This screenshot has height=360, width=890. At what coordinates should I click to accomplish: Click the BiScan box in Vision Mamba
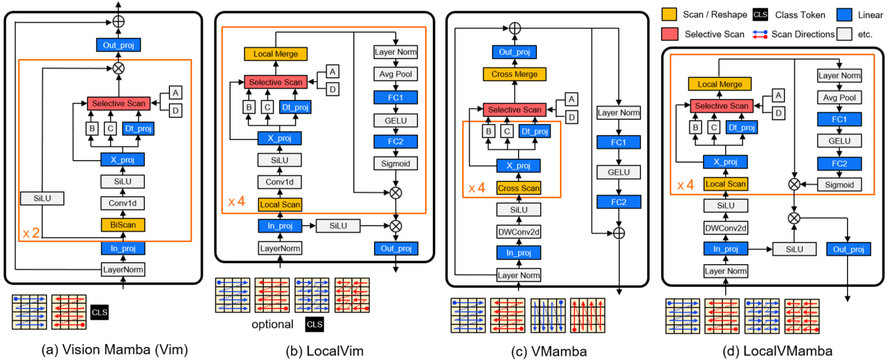tap(123, 225)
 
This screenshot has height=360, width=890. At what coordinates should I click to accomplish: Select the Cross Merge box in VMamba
tap(514, 74)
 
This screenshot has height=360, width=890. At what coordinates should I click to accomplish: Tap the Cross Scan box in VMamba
tap(519, 188)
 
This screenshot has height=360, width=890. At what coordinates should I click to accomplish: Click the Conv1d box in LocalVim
tap(280, 182)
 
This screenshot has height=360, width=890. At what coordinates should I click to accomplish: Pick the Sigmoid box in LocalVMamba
tap(839, 185)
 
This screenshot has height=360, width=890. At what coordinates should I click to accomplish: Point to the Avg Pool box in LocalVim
tap(395, 74)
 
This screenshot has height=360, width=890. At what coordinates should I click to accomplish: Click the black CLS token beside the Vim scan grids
tap(99, 312)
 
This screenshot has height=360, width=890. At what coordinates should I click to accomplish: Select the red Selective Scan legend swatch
tap(669, 34)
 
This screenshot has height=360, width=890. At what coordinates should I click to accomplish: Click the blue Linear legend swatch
tap(844, 15)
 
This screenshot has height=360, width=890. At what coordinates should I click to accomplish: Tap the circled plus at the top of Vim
tap(119, 22)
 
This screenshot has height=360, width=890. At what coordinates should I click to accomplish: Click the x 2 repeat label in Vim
tap(31, 233)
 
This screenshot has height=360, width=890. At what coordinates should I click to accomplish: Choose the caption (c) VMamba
tap(549, 352)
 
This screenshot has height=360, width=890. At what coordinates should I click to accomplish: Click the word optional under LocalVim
tap(272, 324)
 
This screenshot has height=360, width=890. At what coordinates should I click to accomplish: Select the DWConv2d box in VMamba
tap(519, 232)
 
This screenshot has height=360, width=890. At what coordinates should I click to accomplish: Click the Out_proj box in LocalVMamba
tap(849, 249)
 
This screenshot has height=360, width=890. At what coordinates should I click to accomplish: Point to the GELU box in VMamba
tap(618, 173)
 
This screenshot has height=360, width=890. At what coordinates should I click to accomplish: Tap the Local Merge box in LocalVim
tap(275, 54)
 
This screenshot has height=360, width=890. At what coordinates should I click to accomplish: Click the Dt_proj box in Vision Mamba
tap(138, 129)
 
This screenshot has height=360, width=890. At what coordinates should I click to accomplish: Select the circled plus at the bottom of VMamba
tap(619, 233)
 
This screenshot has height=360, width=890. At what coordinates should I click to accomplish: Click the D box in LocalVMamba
tap(778, 113)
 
